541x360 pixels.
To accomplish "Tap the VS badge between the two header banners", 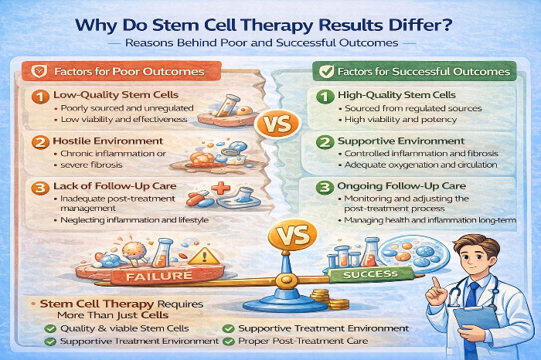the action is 277,124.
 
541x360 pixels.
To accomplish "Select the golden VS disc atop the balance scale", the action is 293,235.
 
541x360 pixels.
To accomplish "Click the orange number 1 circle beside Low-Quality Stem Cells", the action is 40,97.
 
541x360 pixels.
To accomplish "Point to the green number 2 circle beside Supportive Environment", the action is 325,142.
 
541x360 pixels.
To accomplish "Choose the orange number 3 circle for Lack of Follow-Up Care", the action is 40,188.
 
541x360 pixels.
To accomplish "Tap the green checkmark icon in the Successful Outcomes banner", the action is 326,71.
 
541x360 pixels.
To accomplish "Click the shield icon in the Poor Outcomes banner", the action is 39,71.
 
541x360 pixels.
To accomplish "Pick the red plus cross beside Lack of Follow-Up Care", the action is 220,188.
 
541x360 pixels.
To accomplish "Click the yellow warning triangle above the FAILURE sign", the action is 204,257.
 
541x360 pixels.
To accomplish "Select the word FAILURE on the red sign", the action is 158,277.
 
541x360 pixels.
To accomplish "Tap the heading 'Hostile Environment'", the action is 108,141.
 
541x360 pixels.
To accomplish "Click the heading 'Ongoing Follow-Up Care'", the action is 402,186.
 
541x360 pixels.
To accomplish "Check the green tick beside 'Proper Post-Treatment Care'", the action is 229,341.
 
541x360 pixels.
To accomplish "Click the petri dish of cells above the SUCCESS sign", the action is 415,256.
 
